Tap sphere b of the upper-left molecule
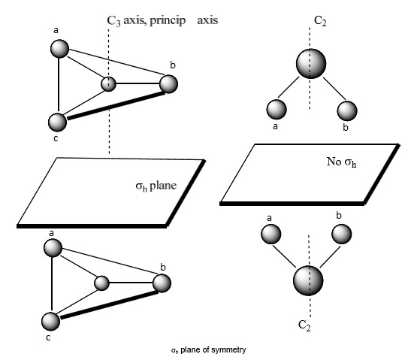[169, 83]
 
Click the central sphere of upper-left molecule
[110, 83]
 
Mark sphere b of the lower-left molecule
[162, 283]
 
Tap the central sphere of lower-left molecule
[102, 283]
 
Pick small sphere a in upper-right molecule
[276, 110]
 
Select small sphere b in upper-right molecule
[346, 110]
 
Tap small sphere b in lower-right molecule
[342, 233]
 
